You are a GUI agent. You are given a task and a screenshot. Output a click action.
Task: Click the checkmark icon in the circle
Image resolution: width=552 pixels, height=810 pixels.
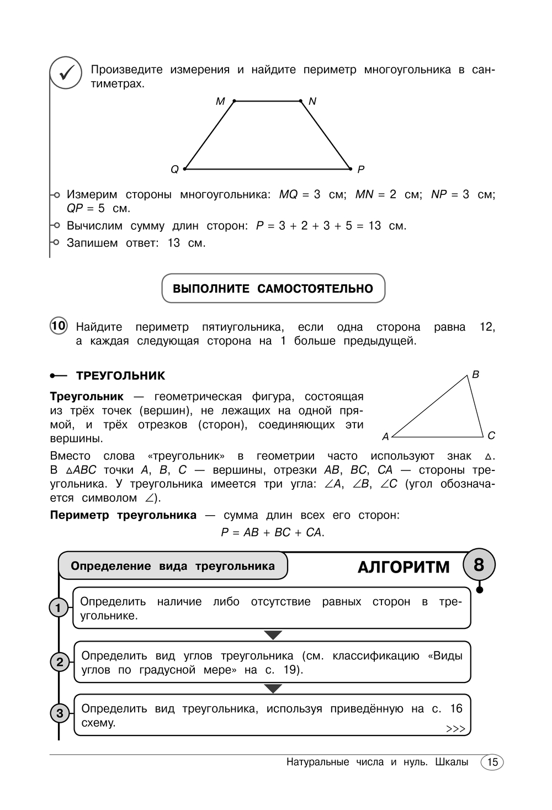tap(66, 73)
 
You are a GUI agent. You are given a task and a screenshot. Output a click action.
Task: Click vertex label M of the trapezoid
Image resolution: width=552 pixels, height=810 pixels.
tap(220, 102)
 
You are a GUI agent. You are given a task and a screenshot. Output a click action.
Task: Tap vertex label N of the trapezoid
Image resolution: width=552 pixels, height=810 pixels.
tap(312, 102)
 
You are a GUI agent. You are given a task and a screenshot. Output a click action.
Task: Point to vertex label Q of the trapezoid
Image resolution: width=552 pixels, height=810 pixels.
tap(174, 170)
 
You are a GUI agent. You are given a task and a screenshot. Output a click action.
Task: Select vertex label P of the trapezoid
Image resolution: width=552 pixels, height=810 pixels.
tap(361, 170)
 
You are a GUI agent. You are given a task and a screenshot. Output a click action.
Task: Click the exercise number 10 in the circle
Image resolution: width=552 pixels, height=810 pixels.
tap(59, 326)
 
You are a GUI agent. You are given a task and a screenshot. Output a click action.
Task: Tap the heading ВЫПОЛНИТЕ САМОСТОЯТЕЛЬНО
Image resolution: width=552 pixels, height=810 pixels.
tap(273, 289)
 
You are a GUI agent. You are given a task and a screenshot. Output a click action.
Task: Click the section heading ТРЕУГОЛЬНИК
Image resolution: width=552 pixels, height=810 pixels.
tap(120, 376)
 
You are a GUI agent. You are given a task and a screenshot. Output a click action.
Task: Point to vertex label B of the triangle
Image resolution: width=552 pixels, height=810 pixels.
tap(475, 375)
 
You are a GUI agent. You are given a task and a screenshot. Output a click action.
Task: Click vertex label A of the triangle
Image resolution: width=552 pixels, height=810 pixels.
tap(386, 437)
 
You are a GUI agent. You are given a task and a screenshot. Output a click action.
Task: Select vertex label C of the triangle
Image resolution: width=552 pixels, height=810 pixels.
tap(491, 436)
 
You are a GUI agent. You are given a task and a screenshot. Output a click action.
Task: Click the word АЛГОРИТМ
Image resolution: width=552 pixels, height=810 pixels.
tap(404, 568)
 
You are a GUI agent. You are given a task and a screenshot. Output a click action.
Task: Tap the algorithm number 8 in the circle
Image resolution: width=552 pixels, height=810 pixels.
tap(479, 565)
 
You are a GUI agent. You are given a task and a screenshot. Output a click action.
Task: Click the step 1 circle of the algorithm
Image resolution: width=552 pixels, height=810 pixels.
tap(59, 608)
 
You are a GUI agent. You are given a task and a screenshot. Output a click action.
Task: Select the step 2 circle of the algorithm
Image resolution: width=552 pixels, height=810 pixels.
tap(60, 662)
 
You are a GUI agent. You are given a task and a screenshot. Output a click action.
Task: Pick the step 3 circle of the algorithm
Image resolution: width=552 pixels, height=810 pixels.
tap(60, 713)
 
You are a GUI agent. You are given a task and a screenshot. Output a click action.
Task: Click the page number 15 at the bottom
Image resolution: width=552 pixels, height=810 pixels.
tap(492, 763)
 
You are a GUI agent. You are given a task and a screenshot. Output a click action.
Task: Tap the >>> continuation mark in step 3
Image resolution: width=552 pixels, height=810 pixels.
tap(455, 729)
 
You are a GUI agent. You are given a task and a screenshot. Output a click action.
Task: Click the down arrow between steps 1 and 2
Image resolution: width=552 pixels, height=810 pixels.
tap(273, 635)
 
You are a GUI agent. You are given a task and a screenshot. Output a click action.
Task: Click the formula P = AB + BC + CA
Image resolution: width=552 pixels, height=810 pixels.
tap(273, 532)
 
